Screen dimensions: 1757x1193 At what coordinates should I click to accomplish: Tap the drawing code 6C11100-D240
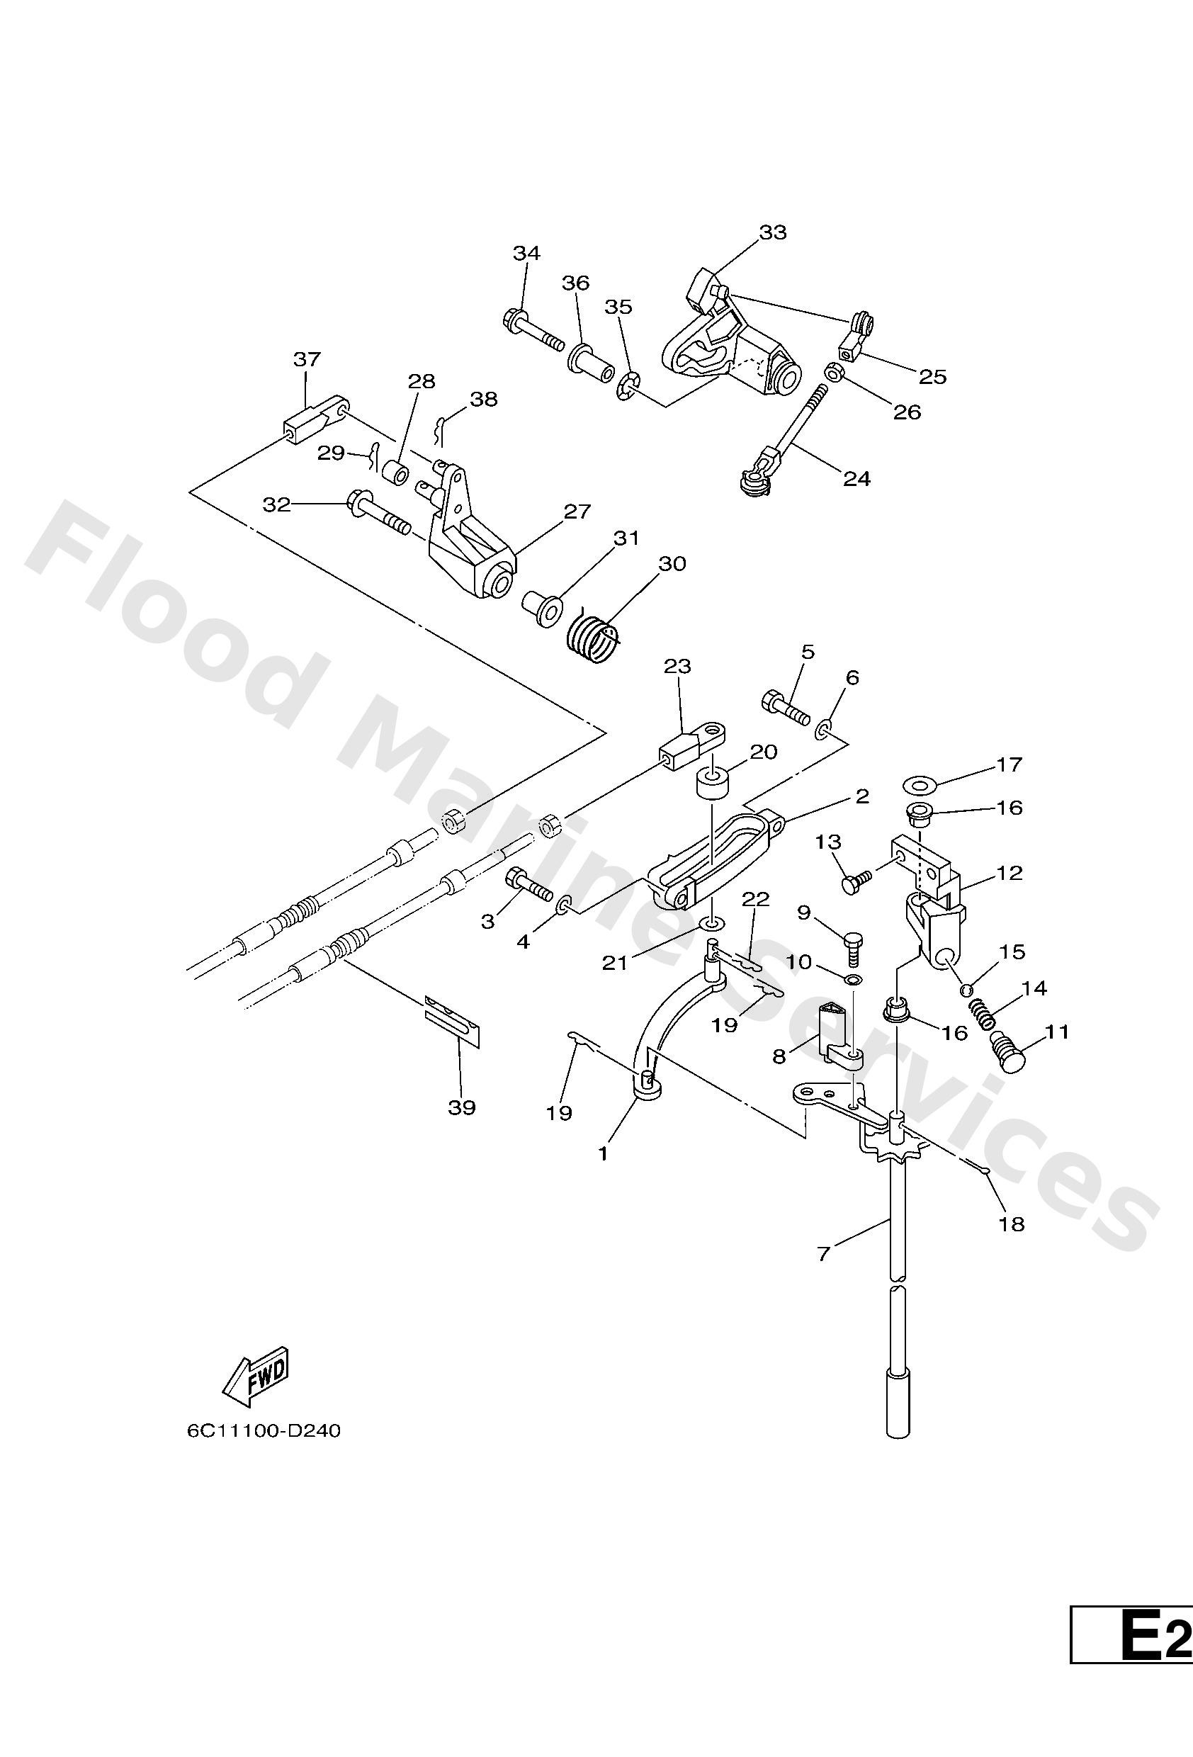click(264, 1430)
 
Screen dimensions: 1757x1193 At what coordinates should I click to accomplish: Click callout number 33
click(773, 232)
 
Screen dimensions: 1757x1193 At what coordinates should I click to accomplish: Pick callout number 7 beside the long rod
click(824, 1253)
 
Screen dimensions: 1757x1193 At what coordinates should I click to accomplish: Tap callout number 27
click(577, 511)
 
